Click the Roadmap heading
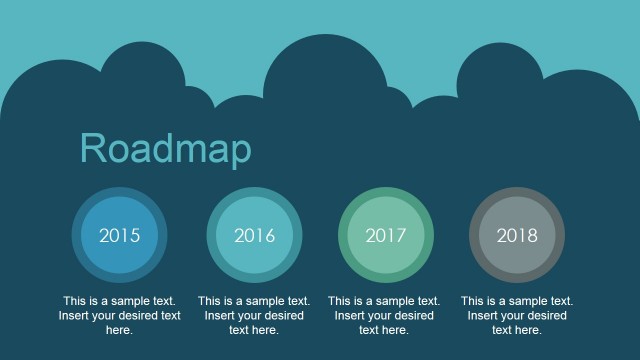[x=165, y=149]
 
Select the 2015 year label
[x=120, y=236]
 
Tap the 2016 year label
[x=254, y=236]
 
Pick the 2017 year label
[x=386, y=236]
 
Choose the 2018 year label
[x=517, y=236]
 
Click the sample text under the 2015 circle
[x=120, y=315]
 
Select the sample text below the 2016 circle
[x=254, y=315]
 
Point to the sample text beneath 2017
[x=384, y=315]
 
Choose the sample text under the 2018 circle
[x=517, y=315]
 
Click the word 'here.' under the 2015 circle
[x=120, y=330]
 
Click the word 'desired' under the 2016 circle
[x=282, y=315]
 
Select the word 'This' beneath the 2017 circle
[x=340, y=300]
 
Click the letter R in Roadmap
[x=92, y=148]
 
